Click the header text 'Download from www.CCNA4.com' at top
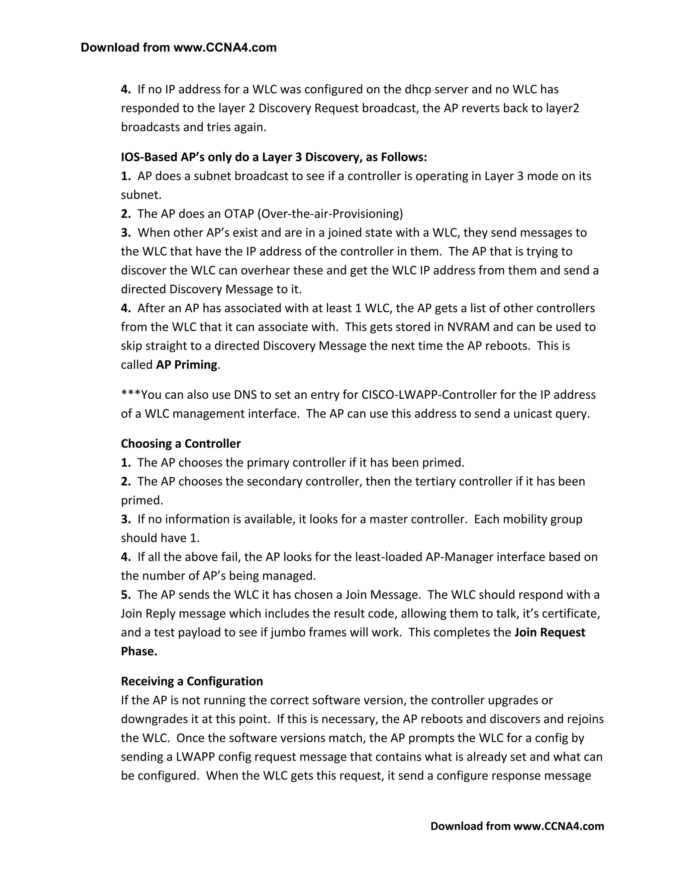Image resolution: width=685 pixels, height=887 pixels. pos(179,48)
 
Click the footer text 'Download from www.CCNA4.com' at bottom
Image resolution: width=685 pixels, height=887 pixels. pos(517,826)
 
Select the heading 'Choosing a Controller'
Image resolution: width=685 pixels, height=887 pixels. pos(181,443)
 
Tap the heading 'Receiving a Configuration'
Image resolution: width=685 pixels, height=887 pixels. pos(192,681)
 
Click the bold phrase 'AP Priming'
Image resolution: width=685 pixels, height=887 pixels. pos(187,365)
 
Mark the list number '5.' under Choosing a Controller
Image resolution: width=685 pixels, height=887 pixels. pos(126,594)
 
